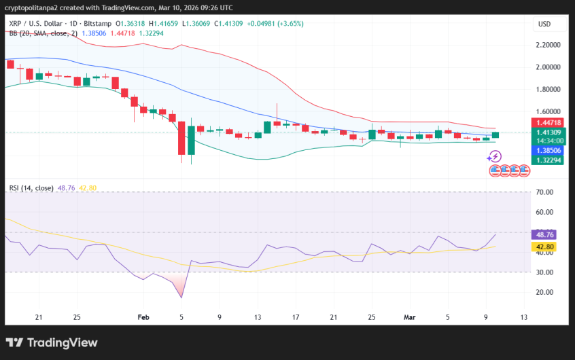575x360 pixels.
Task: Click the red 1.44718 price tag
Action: [548, 123]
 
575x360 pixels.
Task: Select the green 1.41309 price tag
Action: [548, 132]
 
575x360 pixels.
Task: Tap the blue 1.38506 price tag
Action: [548, 150]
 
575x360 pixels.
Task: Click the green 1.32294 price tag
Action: [548, 160]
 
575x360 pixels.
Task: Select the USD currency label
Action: [544, 24]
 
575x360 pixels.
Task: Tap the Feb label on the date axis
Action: [143, 317]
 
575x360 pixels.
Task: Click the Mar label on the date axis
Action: [409, 317]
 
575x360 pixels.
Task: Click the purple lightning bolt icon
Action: [494, 156]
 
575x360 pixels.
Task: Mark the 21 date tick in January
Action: [39, 317]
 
